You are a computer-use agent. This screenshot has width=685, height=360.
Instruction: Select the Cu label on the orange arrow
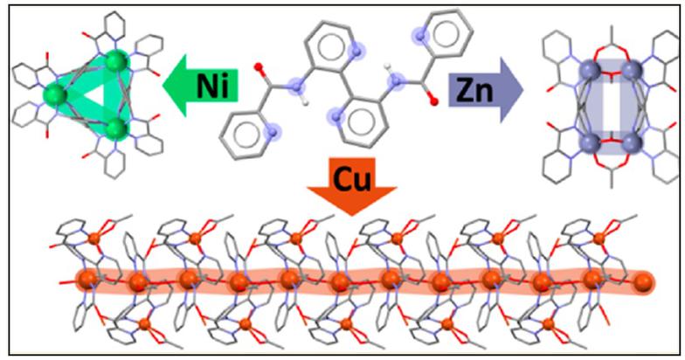(x=351, y=179)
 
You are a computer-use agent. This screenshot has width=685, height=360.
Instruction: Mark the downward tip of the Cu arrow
(x=351, y=215)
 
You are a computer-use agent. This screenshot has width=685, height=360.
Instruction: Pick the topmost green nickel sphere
(x=118, y=61)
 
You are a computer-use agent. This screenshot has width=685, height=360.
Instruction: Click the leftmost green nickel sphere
(x=54, y=95)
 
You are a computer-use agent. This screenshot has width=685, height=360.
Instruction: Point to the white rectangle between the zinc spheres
(x=612, y=107)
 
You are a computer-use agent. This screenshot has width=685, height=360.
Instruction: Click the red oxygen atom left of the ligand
(x=259, y=67)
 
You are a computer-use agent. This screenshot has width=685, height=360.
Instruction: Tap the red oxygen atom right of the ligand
(x=433, y=102)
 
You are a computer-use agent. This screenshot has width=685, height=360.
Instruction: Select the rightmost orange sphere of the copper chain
(x=643, y=282)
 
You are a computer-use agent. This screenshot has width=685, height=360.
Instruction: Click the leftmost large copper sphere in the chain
(x=87, y=280)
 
